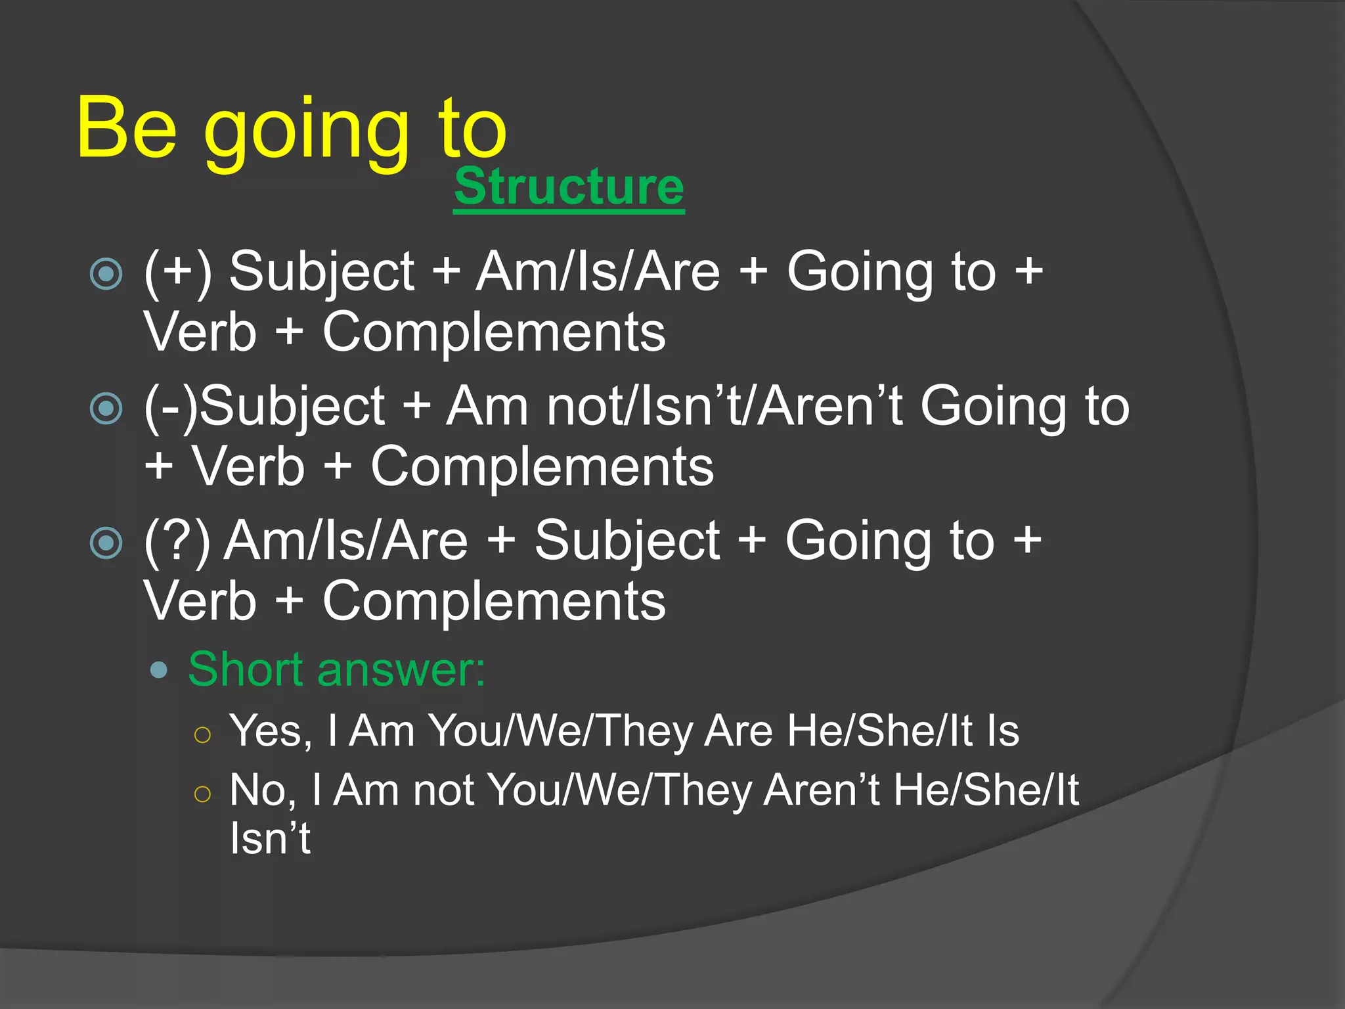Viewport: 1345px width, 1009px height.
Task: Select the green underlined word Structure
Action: tap(569, 187)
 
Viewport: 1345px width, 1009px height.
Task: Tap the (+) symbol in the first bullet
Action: tap(178, 272)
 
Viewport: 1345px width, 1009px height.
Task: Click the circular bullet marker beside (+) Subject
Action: tap(106, 273)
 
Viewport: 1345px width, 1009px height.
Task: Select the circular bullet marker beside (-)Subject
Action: tap(106, 408)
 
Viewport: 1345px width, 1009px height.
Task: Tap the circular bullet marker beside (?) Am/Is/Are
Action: tap(106, 543)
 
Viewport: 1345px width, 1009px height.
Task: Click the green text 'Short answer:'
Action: tap(336, 669)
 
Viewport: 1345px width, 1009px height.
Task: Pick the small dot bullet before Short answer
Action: tap(158, 671)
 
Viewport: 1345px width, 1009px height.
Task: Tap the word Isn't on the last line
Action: tap(270, 838)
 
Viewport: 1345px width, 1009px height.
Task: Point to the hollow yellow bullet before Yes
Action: tap(203, 734)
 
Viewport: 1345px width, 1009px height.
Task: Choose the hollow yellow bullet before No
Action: tap(203, 794)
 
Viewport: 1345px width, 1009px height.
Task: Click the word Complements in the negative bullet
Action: tap(542, 466)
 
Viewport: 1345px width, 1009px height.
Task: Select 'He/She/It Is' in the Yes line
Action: tap(903, 730)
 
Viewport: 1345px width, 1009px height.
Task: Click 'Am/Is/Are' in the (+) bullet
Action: tap(598, 272)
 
